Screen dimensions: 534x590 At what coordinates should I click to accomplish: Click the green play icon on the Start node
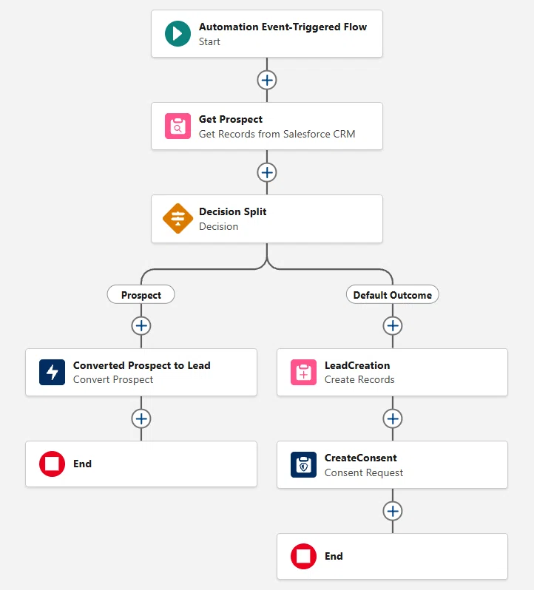178,33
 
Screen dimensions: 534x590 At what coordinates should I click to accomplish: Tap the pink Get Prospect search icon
178,126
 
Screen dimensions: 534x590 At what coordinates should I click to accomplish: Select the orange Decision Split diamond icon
178,218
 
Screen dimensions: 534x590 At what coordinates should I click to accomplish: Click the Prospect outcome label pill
141,294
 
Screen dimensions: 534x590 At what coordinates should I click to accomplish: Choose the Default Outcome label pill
393,294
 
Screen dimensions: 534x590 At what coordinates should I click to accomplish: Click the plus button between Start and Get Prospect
267,80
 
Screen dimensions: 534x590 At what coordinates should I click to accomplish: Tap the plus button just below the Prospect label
141,326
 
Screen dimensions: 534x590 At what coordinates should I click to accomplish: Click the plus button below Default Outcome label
393,326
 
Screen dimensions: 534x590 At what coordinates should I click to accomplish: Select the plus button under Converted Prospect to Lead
141,418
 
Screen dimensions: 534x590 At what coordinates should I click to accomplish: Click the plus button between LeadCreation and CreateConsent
393,418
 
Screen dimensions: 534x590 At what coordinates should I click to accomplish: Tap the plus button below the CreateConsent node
393,511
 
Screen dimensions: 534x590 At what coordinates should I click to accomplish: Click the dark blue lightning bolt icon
52,372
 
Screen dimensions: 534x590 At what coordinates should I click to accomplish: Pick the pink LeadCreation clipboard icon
303,372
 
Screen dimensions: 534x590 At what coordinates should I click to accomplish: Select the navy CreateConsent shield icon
303,465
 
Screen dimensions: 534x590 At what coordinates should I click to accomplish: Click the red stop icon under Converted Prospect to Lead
52,464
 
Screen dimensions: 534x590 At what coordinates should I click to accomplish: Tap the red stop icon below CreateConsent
303,556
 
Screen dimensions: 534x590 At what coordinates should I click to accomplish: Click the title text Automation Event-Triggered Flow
283,27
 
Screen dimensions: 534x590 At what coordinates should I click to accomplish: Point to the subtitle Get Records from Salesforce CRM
277,134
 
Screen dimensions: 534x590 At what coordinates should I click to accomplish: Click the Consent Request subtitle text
364,472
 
